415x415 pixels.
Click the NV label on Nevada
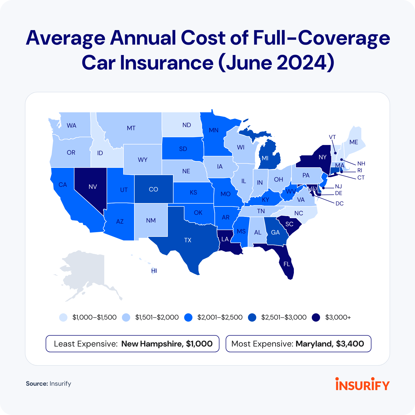pyautogui.click(x=93, y=187)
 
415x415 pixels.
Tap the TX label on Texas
pyautogui.click(x=188, y=240)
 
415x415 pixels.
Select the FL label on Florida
pyautogui.click(x=287, y=264)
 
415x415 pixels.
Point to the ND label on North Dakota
pyautogui.click(x=186, y=125)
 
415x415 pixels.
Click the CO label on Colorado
pyautogui.click(x=153, y=189)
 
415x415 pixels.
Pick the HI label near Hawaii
pyautogui.click(x=154, y=271)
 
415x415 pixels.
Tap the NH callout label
pyautogui.click(x=361, y=164)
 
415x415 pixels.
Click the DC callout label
pyautogui.click(x=339, y=204)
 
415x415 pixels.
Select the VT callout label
pyautogui.click(x=332, y=137)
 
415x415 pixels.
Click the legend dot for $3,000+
pyautogui.click(x=316, y=317)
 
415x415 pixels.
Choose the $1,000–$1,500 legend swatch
pyautogui.click(x=63, y=317)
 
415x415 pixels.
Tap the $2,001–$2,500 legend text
pyautogui.click(x=220, y=317)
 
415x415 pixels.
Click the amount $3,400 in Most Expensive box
pyautogui.click(x=350, y=344)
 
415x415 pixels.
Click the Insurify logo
pyautogui.click(x=362, y=384)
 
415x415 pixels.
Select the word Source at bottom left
pyautogui.click(x=37, y=384)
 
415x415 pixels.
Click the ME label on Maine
pyautogui.click(x=354, y=142)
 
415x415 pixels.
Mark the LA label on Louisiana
pyautogui.click(x=225, y=239)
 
